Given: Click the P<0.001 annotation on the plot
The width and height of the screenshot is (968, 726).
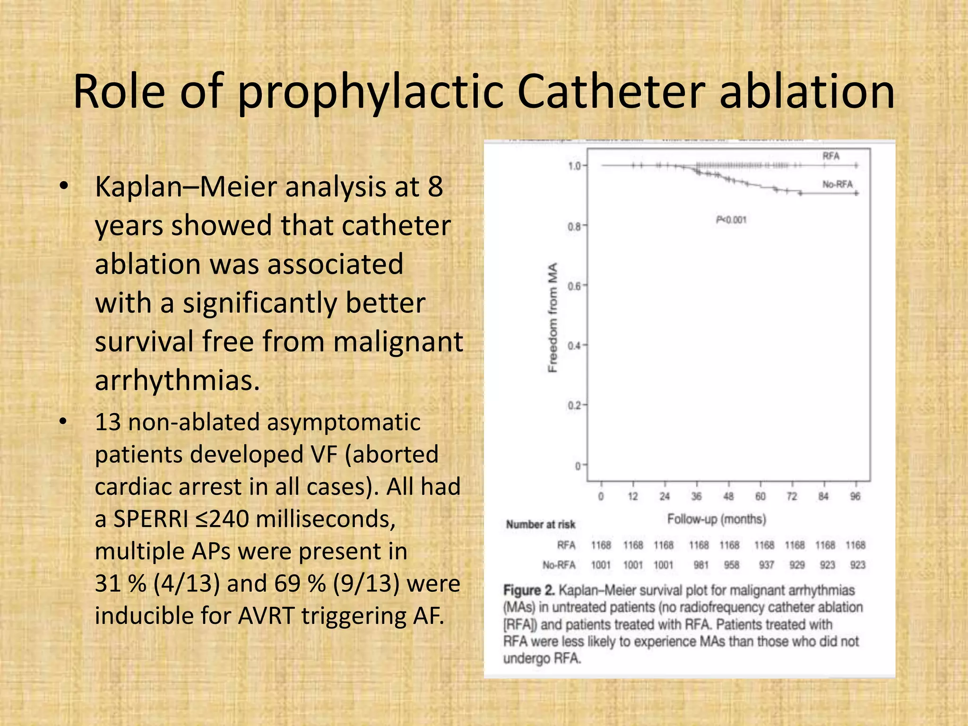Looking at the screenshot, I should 731,220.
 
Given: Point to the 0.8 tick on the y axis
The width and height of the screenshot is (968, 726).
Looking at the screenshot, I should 574,227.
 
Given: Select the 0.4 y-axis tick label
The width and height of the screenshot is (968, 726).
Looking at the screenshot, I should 574,346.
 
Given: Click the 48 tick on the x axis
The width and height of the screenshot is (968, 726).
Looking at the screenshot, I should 728,496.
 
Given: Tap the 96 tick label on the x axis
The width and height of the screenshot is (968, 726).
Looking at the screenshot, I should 856,496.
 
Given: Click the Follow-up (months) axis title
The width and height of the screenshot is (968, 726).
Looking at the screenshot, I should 716,519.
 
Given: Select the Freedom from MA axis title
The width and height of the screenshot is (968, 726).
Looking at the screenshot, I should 553,317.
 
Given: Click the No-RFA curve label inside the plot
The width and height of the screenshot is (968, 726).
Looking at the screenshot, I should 837,184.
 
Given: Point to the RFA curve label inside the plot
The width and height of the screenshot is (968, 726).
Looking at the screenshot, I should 831,156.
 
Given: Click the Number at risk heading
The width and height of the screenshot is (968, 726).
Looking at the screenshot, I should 541,524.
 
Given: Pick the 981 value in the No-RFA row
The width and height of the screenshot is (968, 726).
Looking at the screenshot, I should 701,565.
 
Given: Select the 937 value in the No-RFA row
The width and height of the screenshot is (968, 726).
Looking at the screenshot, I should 766,565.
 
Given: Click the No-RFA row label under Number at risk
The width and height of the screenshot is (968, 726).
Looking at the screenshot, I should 559,565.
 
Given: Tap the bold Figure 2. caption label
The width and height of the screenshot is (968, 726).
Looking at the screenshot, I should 529,590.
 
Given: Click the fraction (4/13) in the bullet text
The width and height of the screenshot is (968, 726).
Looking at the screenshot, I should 187,583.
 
